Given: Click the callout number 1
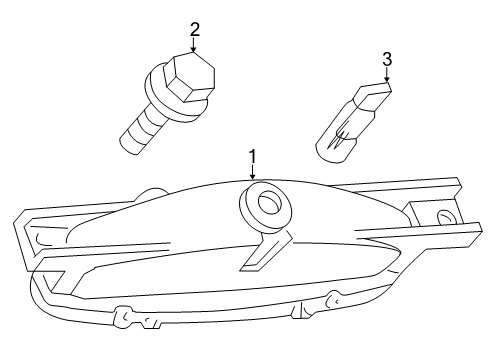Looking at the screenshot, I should click(x=254, y=157).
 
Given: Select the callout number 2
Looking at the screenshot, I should click(x=194, y=29).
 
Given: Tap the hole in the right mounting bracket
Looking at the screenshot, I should click(x=443, y=218).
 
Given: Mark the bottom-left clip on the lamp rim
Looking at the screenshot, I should click(x=124, y=315).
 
